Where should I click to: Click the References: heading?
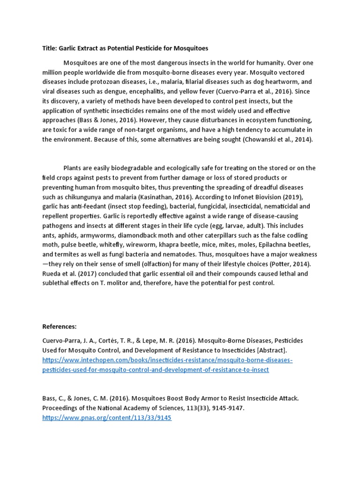60,326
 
